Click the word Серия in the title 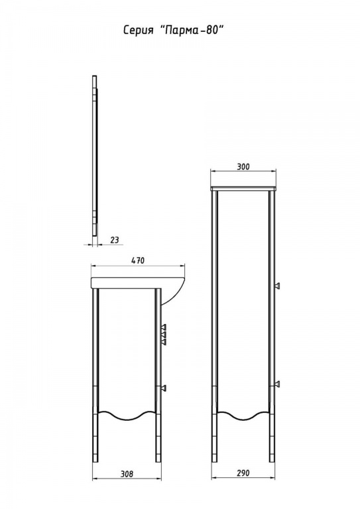coord(139,30)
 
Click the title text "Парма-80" coord(194,30)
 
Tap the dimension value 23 coord(115,240)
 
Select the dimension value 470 coord(138,260)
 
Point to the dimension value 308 coord(127,474)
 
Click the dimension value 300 coord(243,166)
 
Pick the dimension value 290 coord(243,473)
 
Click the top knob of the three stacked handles coord(164,327)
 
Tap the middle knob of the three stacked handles coord(164,334)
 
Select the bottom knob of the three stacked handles coord(164,341)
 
